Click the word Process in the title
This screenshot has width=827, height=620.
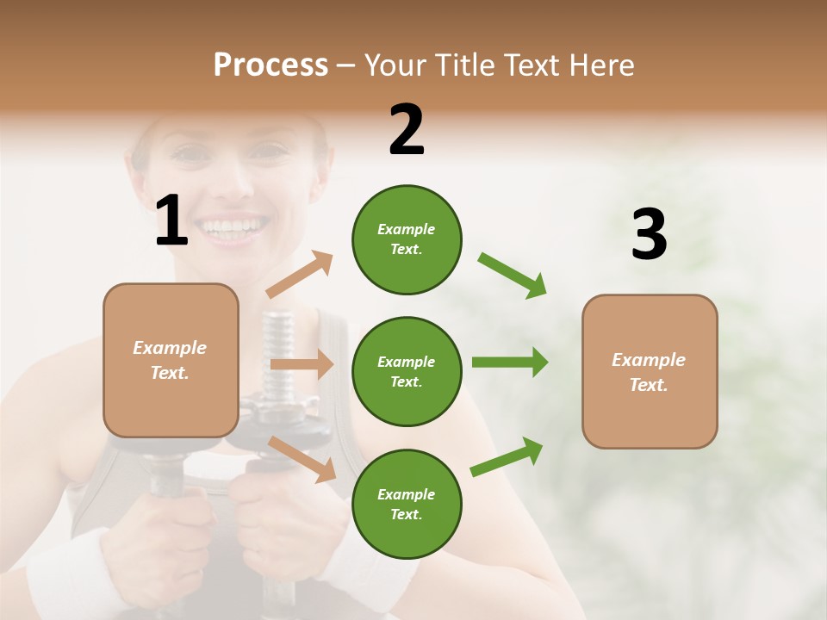[270, 65]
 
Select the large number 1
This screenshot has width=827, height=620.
[171, 221]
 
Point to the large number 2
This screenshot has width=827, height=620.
[407, 130]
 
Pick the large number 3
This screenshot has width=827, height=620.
[649, 235]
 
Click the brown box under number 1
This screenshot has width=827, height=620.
[171, 360]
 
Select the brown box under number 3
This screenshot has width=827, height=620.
[650, 371]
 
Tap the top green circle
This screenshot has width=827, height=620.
[407, 239]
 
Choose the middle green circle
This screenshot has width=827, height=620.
[407, 371]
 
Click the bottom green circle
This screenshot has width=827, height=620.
[407, 504]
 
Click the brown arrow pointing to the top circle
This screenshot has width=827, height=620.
[301, 275]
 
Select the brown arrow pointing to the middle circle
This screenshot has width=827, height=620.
[302, 364]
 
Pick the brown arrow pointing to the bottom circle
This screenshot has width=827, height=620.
[302, 459]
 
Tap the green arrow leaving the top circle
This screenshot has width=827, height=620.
[513, 276]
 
